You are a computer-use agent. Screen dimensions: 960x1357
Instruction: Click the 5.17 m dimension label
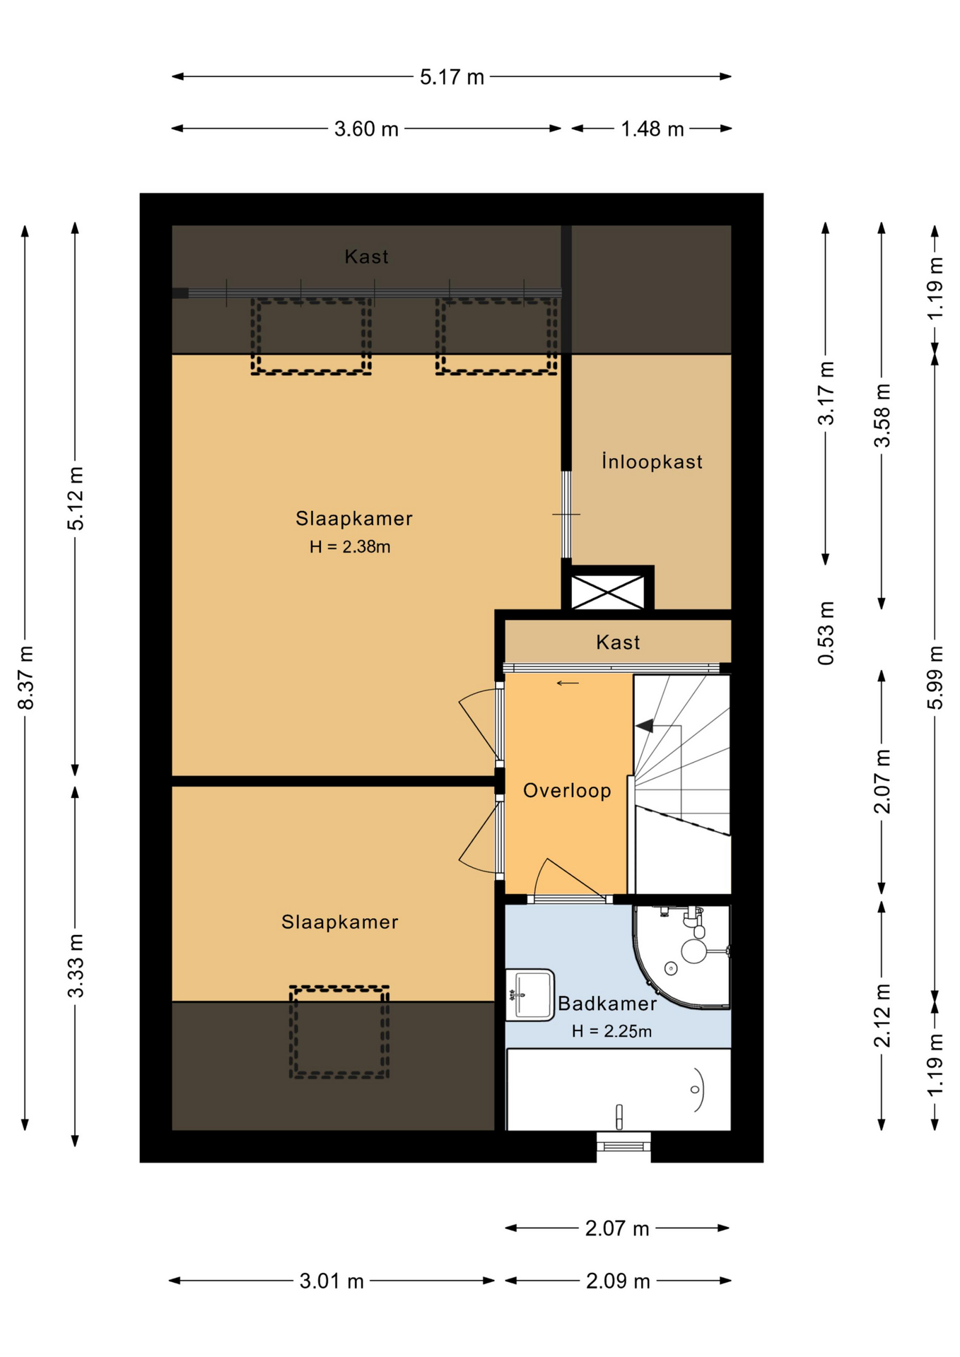[x=452, y=77]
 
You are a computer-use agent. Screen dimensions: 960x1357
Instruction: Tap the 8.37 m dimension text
[x=26, y=678]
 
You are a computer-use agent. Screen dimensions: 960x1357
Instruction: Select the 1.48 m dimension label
[x=652, y=129]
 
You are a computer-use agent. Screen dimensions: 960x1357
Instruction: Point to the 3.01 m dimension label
[x=332, y=1281]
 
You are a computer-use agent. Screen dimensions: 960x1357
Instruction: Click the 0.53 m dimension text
[x=826, y=633]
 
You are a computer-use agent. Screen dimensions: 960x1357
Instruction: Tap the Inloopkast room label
[x=652, y=462]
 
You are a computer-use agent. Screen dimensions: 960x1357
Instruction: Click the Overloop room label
[x=567, y=790]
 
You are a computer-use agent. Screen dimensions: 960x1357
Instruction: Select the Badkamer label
[x=607, y=1003]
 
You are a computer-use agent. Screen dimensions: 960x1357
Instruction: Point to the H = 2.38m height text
[x=350, y=547]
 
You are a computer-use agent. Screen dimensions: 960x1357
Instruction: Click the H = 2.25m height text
[x=611, y=1031]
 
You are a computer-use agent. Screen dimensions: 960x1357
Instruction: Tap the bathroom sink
[x=530, y=995]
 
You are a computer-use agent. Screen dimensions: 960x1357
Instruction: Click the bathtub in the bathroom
[x=619, y=1089]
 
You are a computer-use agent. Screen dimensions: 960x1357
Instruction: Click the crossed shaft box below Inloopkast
[x=608, y=591]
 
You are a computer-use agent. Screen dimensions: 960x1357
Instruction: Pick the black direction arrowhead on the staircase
[x=644, y=726]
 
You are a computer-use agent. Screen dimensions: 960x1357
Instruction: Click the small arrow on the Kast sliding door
[x=568, y=683]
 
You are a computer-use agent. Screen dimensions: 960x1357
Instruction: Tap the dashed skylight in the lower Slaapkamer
[x=339, y=1032]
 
